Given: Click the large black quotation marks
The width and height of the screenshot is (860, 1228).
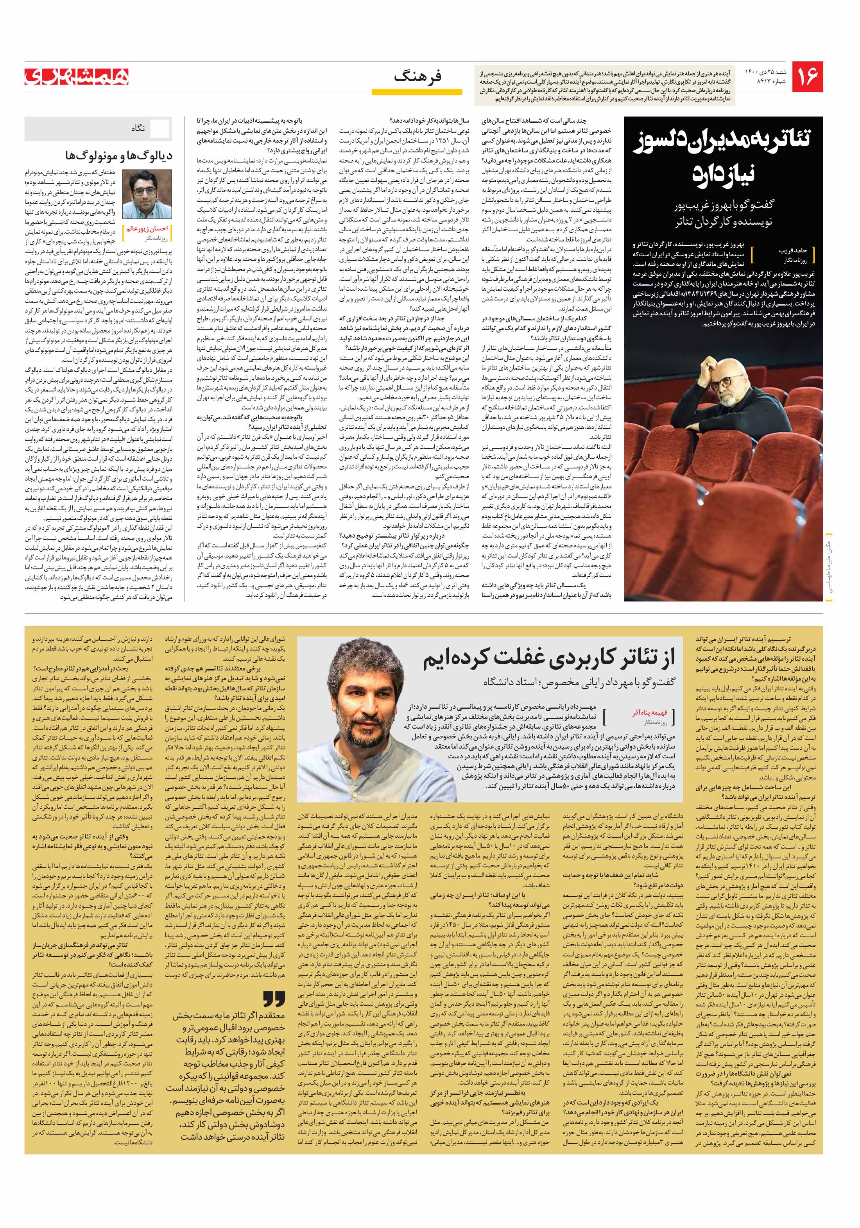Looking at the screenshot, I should (274, 999).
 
